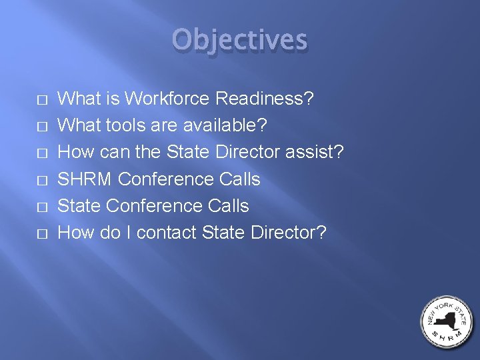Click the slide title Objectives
(240, 41)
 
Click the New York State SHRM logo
(447, 322)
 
